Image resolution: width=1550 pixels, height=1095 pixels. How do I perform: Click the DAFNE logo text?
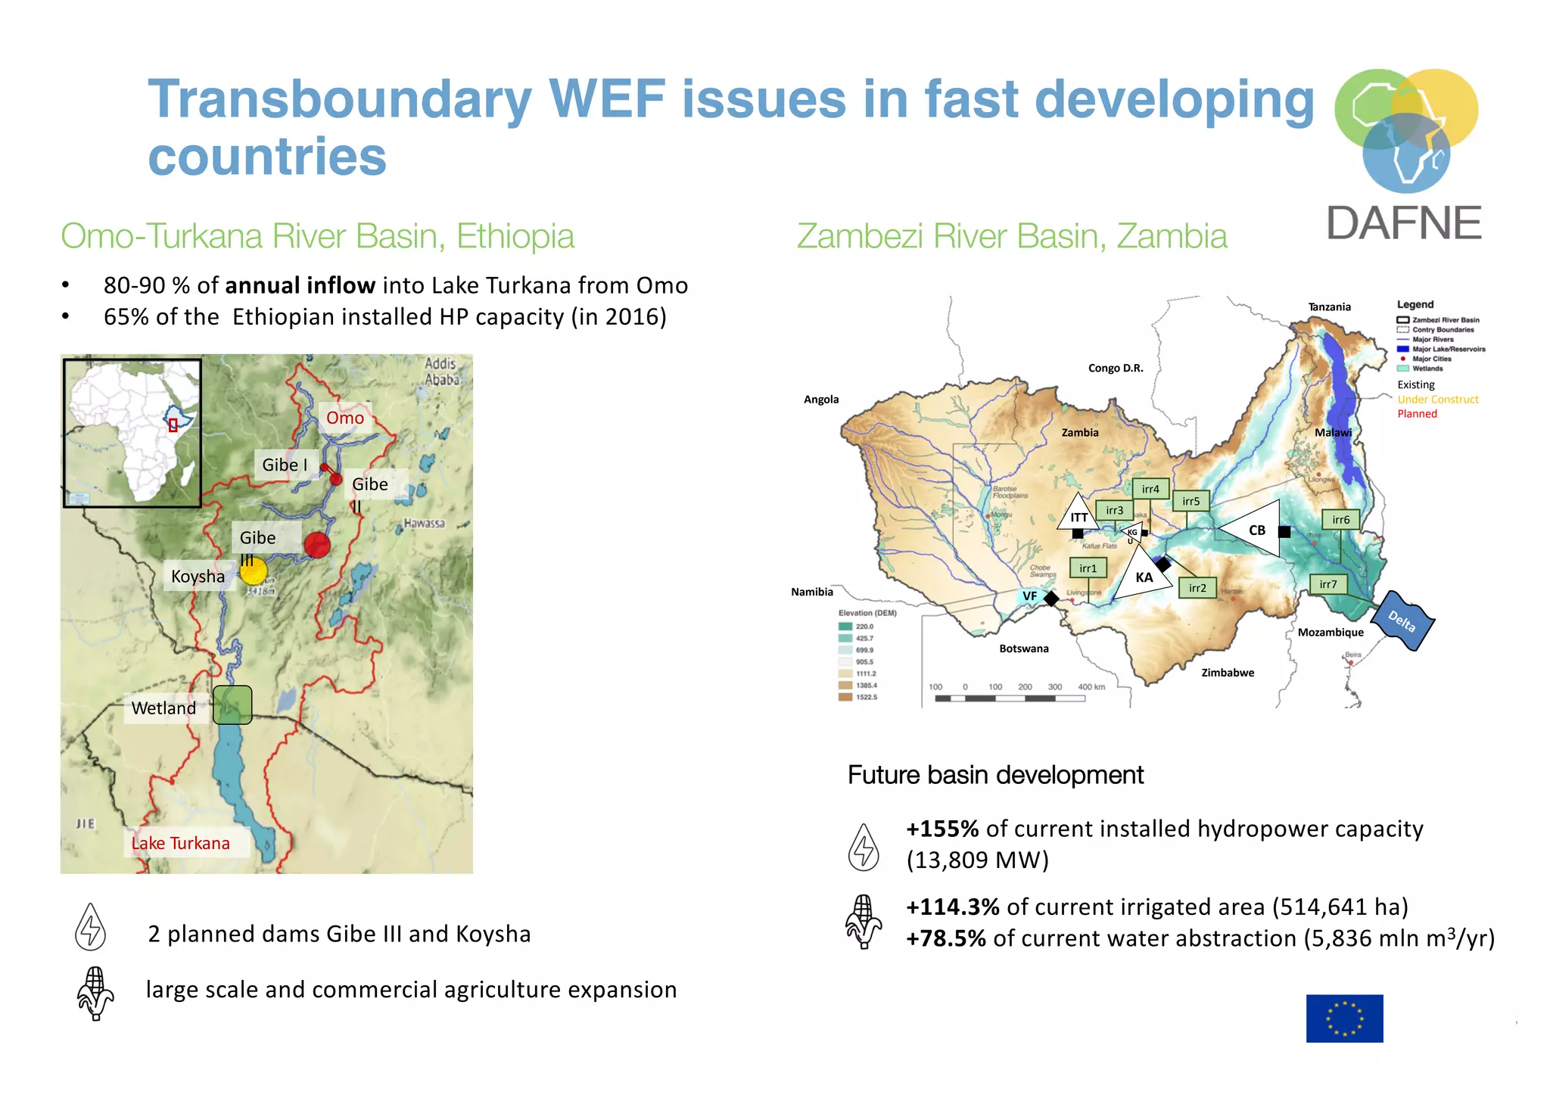point(1404,223)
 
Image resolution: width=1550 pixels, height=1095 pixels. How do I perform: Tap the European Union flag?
point(1344,1018)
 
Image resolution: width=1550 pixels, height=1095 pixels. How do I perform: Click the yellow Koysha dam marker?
point(253,571)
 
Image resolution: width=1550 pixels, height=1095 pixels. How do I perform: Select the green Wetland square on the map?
point(232,705)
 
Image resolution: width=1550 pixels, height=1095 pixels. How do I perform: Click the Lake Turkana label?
point(181,843)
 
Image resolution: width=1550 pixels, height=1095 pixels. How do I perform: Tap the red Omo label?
point(345,418)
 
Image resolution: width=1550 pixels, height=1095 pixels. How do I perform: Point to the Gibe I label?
point(285,465)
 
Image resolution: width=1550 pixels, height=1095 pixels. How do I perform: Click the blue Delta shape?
point(1402,621)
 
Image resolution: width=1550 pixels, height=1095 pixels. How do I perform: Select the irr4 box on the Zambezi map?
point(1150,489)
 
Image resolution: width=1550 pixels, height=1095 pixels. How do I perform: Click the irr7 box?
point(1328,584)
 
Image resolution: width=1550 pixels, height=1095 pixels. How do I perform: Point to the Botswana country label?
point(1023,649)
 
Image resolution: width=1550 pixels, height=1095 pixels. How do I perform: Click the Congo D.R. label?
point(1116,369)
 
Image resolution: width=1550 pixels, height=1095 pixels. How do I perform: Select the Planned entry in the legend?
point(1417,414)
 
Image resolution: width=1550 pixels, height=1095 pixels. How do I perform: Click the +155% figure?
point(942,829)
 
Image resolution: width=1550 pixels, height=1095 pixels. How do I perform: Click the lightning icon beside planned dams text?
point(90,928)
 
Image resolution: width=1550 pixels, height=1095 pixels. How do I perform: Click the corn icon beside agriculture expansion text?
point(95,993)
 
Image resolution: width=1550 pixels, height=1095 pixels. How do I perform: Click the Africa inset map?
point(132,432)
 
